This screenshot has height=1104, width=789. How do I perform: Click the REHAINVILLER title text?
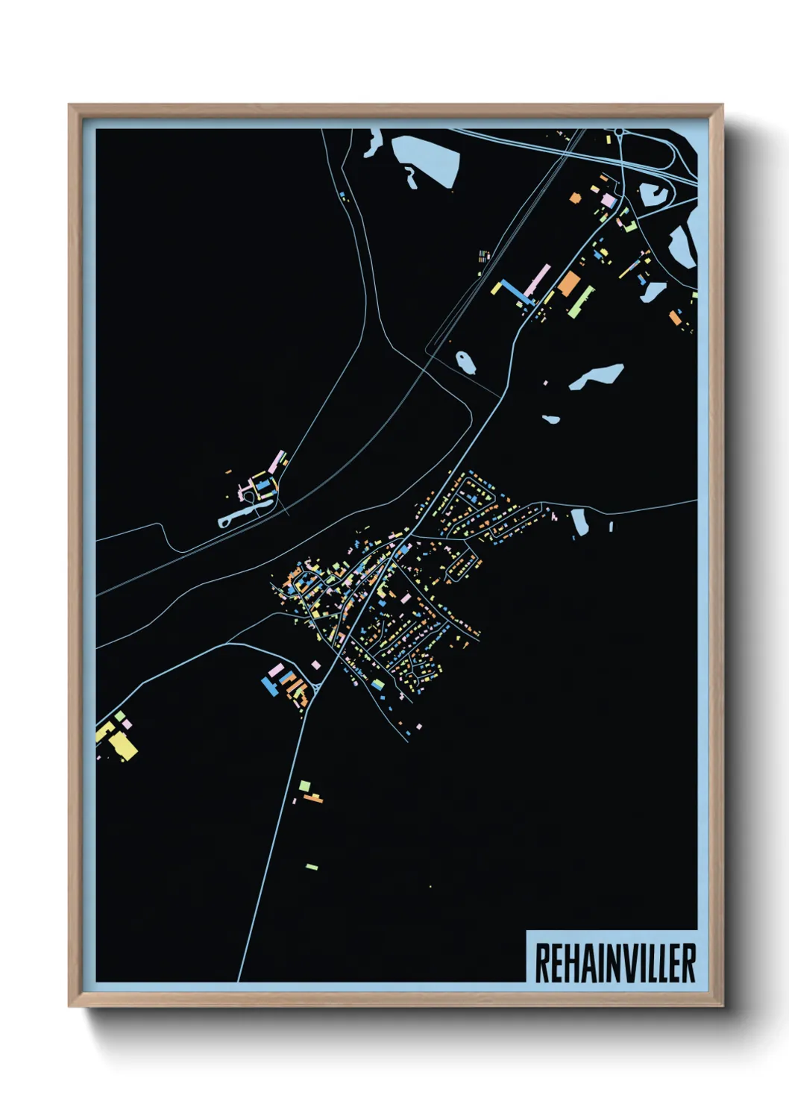[x=615, y=963]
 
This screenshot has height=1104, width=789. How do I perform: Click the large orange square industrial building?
[x=568, y=283]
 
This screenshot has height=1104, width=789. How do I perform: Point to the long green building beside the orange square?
[x=581, y=300]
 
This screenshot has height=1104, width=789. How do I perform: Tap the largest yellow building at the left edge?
[x=124, y=746]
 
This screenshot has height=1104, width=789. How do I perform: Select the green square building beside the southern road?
[x=304, y=785]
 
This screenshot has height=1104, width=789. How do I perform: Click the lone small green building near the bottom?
[x=312, y=867]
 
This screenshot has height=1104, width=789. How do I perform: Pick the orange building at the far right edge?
[x=675, y=318]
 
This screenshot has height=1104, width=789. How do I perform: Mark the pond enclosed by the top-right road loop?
[x=653, y=196]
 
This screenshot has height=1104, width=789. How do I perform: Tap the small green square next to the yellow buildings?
[x=120, y=716]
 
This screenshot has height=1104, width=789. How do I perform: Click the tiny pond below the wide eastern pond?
[x=551, y=419]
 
